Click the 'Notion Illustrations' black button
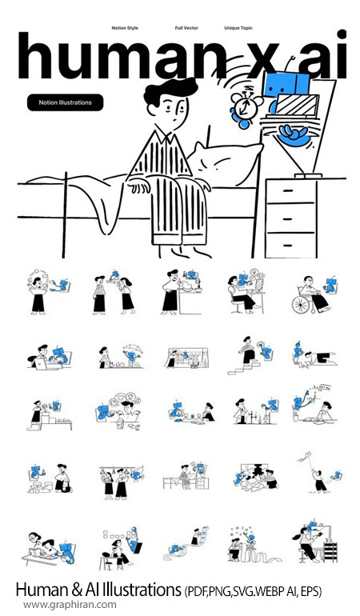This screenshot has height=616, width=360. point(66,102)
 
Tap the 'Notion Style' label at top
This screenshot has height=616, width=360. point(125,28)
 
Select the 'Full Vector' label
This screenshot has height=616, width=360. point(186,28)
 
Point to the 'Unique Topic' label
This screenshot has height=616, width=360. point(238,28)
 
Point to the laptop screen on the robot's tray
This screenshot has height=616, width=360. point(296,105)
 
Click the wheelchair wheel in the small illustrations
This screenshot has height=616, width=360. point(301,304)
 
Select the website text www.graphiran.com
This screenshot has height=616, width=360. point(70,604)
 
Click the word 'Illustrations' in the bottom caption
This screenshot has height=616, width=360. point(142,590)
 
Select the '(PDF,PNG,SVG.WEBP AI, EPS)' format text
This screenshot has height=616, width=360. point(252,591)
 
